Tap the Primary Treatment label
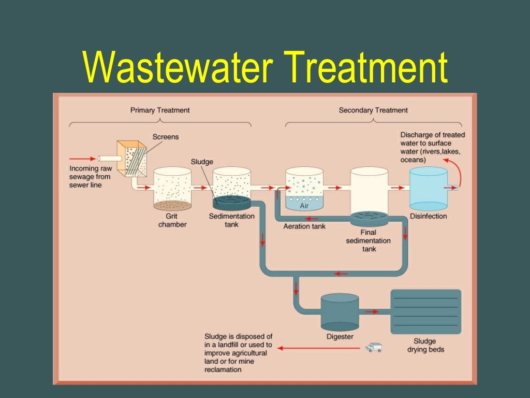click(x=160, y=110)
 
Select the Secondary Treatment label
click(x=373, y=110)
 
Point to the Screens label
click(x=166, y=137)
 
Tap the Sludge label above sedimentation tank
click(x=202, y=162)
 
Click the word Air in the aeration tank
click(x=304, y=205)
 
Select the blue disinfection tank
click(x=429, y=188)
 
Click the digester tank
click(x=340, y=312)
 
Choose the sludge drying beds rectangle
click(x=425, y=311)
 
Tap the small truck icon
click(x=373, y=347)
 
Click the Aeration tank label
click(x=305, y=226)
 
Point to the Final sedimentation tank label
click(x=369, y=240)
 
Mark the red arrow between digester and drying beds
click(x=372, y=312)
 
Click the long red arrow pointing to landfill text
click(x=316, y=348)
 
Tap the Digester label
click(x=340, y=337)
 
